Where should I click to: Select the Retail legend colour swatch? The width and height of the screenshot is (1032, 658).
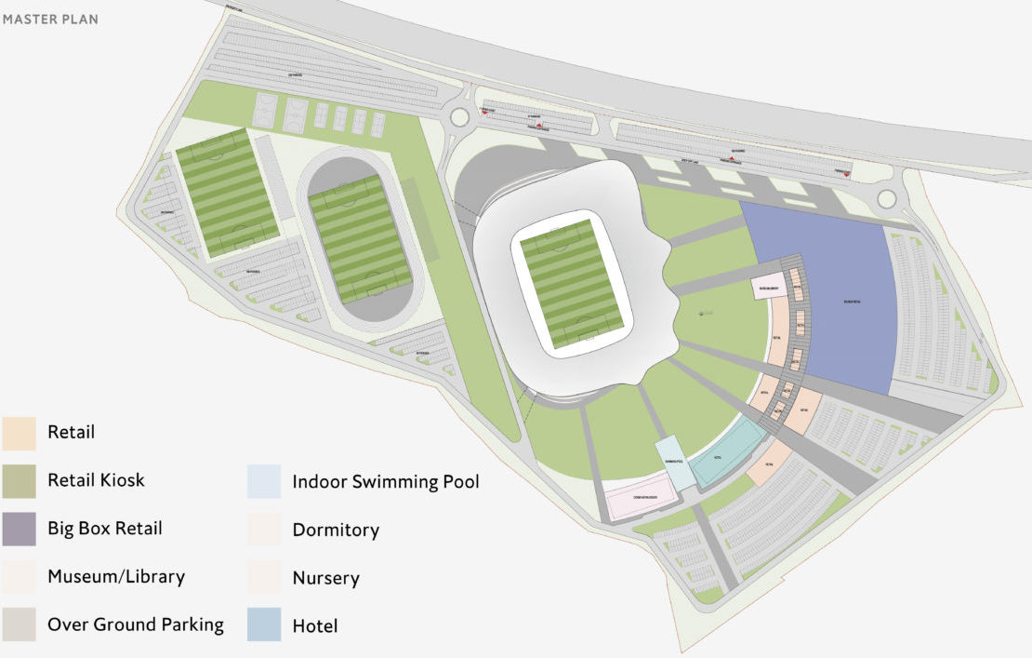click(19, 432)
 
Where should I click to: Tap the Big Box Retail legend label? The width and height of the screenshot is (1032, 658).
click(105, 529)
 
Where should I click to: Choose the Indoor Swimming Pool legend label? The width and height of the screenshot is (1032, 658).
click(386, 481)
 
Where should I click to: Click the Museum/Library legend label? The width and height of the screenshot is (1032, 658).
click(116, 577)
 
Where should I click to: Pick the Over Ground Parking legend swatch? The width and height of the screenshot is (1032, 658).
click(19, 624)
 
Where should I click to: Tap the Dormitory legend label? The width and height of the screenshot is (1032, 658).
click(336, 530)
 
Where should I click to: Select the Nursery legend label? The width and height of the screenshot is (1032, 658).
click(325, 578)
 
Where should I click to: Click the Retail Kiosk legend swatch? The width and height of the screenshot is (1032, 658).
click(19, 480)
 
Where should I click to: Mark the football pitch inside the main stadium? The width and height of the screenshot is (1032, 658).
click(571, 284)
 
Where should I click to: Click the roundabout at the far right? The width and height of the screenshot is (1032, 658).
click(885, 199)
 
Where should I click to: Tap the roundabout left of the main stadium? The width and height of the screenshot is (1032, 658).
click(458, 117)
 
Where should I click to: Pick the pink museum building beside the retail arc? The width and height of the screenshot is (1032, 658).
click(769, 287)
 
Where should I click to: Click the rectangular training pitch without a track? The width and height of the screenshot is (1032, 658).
click(226, 193)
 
